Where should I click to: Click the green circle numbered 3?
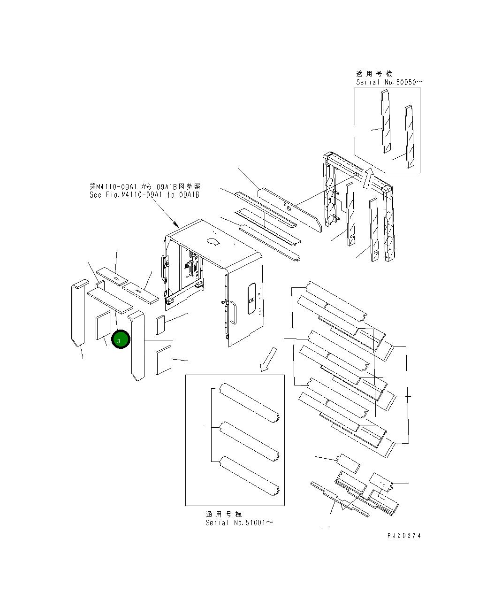pyautogui.click(x=121, y=339)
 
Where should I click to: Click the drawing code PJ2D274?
pyautogui.click(x=404, y=536)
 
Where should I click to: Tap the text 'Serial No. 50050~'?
pyautogui.click(x=389, y=82)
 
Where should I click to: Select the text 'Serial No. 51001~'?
pyautogui.click(x=239, y=523)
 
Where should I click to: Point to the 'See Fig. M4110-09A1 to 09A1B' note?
pyautogui.click(x=144, y=195)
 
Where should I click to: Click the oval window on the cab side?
pyautogui.click(x=251, y=299)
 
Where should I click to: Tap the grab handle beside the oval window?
pyautogui.click(x=233, y=313)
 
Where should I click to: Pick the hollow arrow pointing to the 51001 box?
pyautogui.click(x=268, y=359)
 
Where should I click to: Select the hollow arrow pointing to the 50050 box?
pyautogui.click(x=368, y=178)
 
